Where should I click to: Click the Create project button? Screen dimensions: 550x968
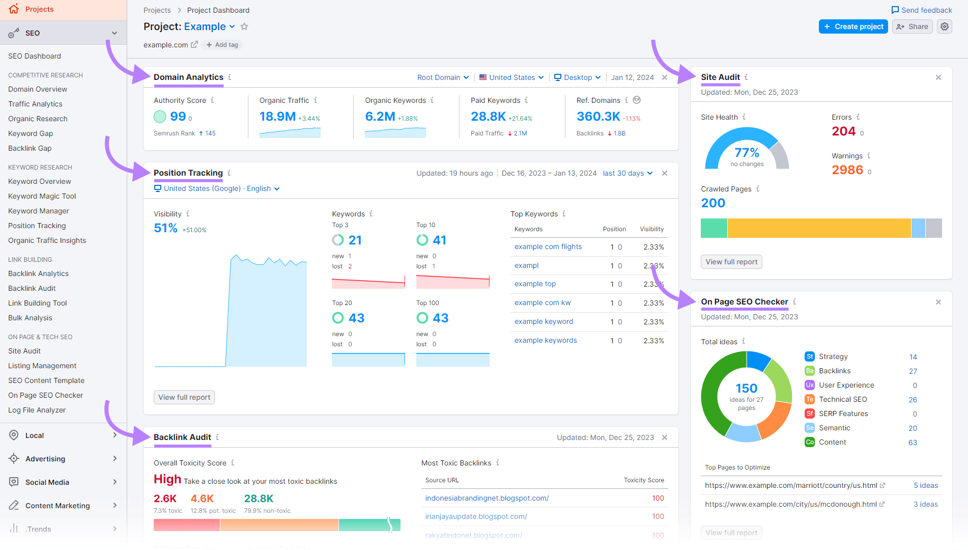(853, 26)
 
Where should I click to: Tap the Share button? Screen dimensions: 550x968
(912, 26)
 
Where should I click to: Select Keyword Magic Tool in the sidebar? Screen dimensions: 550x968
(42, 196)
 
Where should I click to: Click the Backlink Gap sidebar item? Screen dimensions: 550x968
(30, 148)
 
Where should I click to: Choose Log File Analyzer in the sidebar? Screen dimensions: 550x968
(37, 410)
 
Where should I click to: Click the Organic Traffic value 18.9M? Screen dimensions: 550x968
(277, 117)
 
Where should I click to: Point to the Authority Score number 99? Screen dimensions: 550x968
(178, 117)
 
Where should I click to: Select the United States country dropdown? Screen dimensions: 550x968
(511, 77)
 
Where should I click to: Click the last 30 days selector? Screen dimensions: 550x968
(627, 173)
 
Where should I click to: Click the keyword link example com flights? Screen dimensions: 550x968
(548, 246)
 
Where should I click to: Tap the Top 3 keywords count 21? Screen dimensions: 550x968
(355, 240)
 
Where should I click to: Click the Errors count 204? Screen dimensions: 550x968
(843, 131)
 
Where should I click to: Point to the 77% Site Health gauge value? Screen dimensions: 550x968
(747, 153)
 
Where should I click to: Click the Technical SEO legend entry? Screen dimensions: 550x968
(842, 399)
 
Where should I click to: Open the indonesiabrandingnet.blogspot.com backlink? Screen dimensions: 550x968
(487, 498)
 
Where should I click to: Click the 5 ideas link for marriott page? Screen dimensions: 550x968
(925, 485)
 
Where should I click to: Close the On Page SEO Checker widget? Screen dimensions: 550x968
(938, 302)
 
